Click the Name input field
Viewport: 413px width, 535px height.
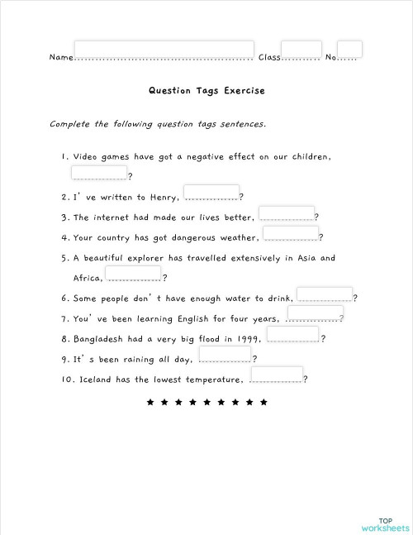point(164,50)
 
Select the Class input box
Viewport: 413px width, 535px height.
point(301,50)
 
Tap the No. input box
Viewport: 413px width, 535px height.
point(349,50)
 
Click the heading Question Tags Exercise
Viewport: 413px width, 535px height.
point(206,91)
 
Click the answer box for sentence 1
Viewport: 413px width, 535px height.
point(99,172)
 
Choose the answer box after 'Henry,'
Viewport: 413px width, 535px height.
point(211,193)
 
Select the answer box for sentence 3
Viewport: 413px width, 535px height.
point(287,214)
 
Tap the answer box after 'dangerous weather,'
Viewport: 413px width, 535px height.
point(290,234)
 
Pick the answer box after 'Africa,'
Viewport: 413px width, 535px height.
point(133,275)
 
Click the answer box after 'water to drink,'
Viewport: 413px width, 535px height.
point(324,294)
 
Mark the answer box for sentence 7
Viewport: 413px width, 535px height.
point(314,315)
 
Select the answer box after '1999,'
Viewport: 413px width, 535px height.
point(292,335)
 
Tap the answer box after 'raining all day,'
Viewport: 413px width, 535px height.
point(224,356)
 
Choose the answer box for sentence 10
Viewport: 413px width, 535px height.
point(276,375)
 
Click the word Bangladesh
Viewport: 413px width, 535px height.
point(102,339)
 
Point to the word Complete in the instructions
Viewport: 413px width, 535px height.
point(69,124)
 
